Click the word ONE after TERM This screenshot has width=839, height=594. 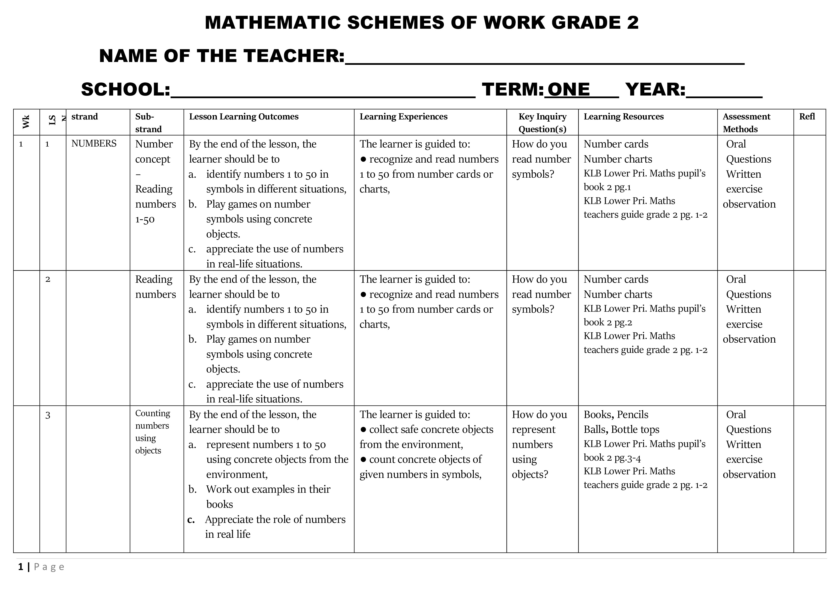(569, 89)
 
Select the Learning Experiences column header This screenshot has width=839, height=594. (403, 117)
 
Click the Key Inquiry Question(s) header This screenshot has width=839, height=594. (542, 123)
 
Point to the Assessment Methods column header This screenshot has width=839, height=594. (746, 123)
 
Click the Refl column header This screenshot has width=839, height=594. (807, 117)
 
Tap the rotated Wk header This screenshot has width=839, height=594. (26, 122)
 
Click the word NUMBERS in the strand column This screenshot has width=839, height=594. (94, 144)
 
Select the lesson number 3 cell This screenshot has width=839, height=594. (48, 415)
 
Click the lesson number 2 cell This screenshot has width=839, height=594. (48, 279)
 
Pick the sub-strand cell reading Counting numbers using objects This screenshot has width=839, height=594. (152, 432)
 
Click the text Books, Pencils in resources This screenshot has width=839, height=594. (616, 414)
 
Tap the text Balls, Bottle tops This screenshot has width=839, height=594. (621, 430)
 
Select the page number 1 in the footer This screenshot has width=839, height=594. (21, 567)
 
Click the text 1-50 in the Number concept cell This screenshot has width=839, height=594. (145, 220)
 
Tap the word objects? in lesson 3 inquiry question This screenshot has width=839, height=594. (530, 474)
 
